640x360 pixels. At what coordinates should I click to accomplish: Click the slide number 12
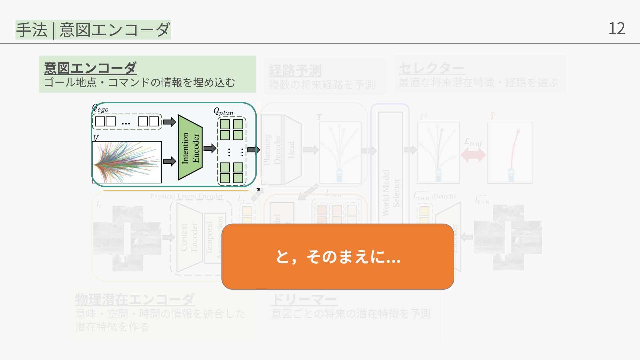click(x=616, y=29)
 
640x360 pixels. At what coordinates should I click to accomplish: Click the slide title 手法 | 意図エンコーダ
click(x=93, y=30)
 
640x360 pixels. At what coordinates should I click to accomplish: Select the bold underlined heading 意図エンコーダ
click(x=90, y=68)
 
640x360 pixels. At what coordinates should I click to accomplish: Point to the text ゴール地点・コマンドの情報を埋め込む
click(x=140, y=82)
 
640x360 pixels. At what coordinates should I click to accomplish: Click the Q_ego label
click(x=100, y=108)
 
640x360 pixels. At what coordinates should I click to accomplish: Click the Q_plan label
click(x=223, y=111)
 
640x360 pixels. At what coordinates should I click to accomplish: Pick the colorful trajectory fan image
click(x=127, y=162)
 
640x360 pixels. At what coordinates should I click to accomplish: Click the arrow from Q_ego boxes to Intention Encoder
click(x=169, y=122)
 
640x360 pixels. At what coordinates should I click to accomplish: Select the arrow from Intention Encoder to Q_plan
click(x=210, y=148)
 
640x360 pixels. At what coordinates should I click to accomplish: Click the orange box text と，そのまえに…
click(x=338, y=257)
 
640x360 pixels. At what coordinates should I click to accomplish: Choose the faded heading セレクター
click(x=431, y=69)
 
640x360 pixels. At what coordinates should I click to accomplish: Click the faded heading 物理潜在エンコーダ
click(x=135, y=299)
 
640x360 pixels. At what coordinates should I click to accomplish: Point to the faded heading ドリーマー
click(x=304, y=299)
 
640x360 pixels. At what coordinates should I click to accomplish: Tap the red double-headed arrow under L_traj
click(x=473, y=155)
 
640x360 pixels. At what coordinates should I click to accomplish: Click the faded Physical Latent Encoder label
click(x=186, y=196)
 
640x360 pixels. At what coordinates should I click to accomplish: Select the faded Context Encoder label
click(x=189, y=237)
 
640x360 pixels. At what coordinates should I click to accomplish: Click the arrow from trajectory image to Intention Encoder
click(x=169, y=162)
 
